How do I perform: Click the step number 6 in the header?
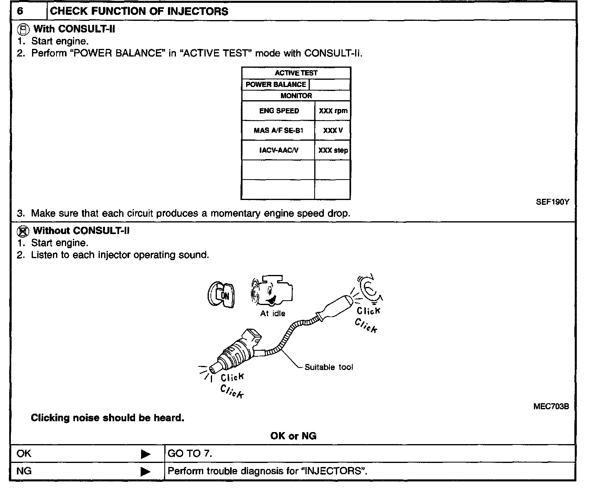tap(20, 11)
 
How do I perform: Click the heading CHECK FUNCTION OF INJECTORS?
tap(139, 11)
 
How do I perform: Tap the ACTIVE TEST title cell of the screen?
tap(296, 73)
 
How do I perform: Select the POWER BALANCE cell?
tap(276, 85)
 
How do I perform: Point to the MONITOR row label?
tap(296, 96)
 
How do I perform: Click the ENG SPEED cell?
tap(279, 111)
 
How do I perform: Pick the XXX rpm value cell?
tap(333, 111)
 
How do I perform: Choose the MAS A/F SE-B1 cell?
tap(279, 130)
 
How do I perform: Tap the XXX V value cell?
tap(333, 131)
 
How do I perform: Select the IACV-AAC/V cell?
tap(279, 150)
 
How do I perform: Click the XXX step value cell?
tap(333, 151)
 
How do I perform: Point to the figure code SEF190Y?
tap(552, 202)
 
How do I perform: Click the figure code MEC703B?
tap(551, 406)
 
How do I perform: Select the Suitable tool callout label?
tap(329, 367)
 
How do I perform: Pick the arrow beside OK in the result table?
tap(145, 454)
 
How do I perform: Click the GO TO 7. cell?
tap(190, 454)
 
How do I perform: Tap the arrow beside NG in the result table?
tap(145, 471)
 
